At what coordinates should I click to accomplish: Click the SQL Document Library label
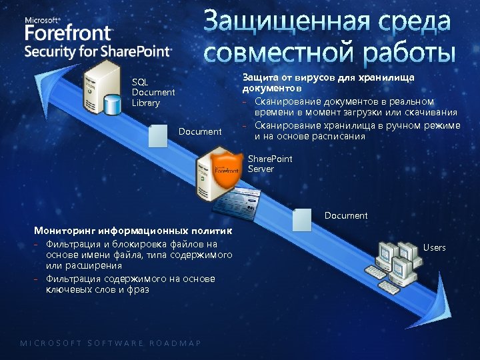153,93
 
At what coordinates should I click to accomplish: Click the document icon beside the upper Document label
158,135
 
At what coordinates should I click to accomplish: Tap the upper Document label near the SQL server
200,131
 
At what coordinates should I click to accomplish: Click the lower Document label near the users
345,215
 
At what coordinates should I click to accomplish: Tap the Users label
434,247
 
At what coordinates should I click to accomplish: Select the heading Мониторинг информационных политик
133,231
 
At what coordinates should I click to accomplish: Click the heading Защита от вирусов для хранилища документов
328,82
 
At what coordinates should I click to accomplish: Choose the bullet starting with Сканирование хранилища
353,131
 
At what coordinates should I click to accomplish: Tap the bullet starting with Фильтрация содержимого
130,284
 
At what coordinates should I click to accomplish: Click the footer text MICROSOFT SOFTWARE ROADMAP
111,343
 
